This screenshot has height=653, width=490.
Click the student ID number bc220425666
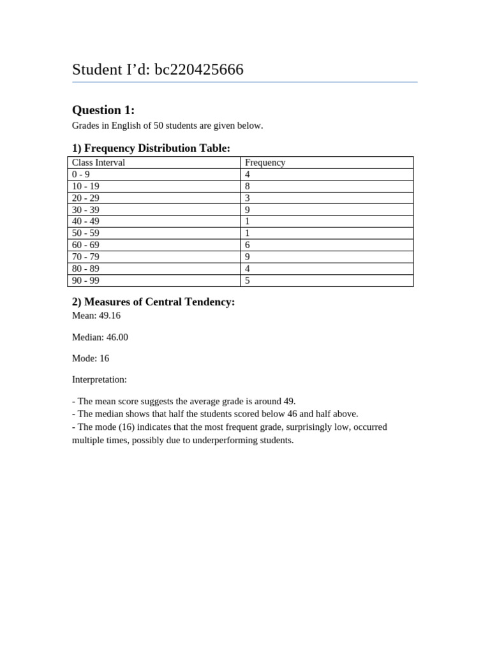tap(198, 70)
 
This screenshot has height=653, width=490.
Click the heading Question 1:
tap(103, 110)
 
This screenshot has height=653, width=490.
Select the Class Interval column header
tap(98, 163)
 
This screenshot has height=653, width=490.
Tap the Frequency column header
tap(265, 163)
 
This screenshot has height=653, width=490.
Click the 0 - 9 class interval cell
tap(81, 174)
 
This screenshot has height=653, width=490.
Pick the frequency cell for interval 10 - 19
tap(248, 186)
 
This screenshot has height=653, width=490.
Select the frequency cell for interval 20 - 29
tap(248, 198)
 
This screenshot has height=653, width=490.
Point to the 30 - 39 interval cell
tap(85, 210)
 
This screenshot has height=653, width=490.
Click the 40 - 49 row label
tap(85, 221)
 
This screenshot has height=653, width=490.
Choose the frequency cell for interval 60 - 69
tap(248, 245)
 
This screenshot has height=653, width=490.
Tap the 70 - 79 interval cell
tap(85, 257)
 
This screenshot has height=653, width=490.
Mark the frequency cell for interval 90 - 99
tap(248, 281)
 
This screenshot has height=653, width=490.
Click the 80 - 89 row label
tap(85, 268)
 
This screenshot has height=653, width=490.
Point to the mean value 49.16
tap(110, 316)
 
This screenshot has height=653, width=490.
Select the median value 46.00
tap(117, 337)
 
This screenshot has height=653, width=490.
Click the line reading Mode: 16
tap(91, 358)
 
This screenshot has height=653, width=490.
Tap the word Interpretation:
tap(100, 379)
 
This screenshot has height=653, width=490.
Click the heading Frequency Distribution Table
tap(157, 148)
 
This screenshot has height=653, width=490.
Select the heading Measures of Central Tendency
tap(160, 302)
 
